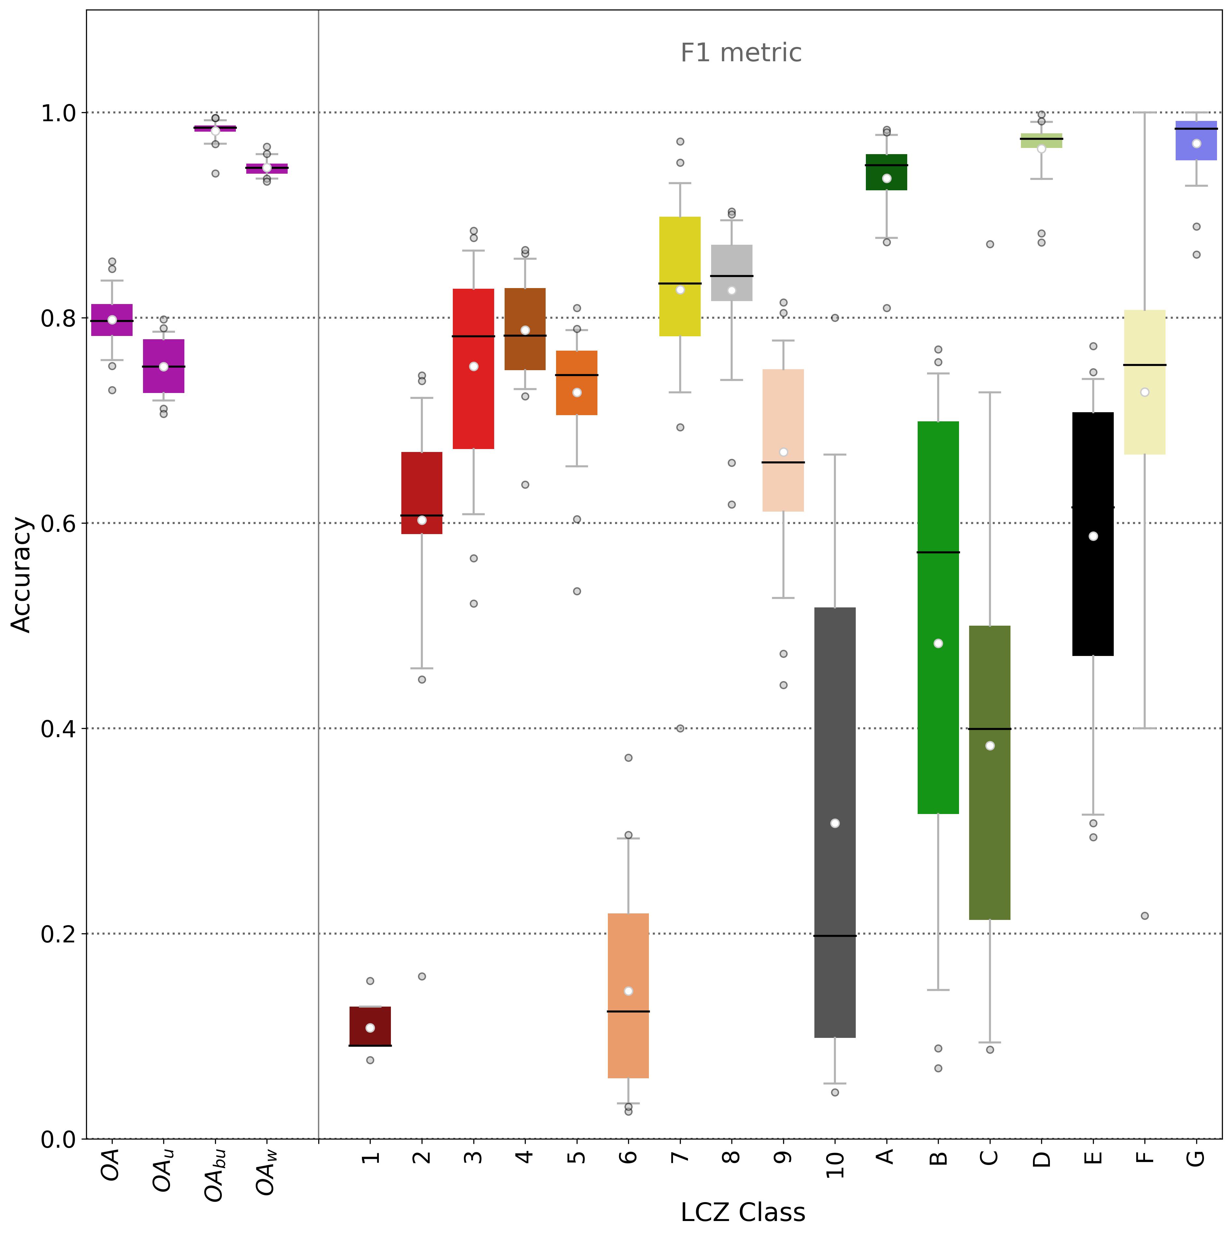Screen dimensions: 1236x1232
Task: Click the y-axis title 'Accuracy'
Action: [x=22, y=574]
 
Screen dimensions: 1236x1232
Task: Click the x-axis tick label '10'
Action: [x=835, y=1164]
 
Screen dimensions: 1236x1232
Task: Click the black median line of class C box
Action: [x=990, y=729]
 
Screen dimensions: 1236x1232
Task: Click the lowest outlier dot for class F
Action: [x=1144, y=915]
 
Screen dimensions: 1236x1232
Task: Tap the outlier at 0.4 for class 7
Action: [x=680, y=728]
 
